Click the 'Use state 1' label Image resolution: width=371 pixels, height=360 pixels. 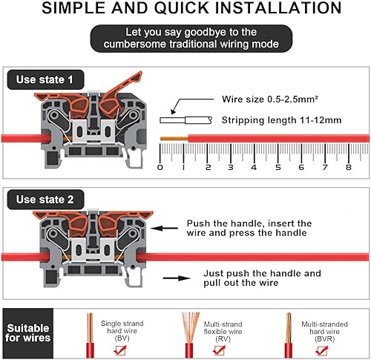pyautogui.click(x=45, y=79)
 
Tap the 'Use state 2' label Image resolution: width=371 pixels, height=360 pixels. pyautogui.click(x=45, y=200)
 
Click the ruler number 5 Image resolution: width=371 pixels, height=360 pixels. pyautogui.click(x=278, y=168)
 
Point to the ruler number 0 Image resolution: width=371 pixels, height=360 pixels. pyautogui.click(x=160, y=168)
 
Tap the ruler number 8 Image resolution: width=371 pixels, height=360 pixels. pyautogui.click(x=349, y=168)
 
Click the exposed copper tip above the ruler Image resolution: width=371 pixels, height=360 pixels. pyautogui.click(x=174, y=139)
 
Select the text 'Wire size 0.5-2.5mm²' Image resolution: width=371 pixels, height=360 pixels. pyautogui.click(x=270, y=99)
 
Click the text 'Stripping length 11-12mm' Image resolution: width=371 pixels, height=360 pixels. pyautogui.click(x=281, y=120)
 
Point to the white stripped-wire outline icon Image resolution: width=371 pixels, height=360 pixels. pyautogui.click(x=186, y=120)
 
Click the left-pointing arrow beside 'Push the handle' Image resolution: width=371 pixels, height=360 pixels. pyautogui.click(x=164, y=228)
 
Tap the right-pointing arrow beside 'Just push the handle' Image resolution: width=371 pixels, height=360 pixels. pyautogui.click(x=177, y=278)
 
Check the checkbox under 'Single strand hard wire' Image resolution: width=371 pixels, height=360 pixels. pyautogui.click(x=120, y=350)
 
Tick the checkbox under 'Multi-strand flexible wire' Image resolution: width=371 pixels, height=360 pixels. pyautogui.click(x=219, y=350)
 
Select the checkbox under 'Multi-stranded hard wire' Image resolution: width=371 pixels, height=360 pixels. pyautogui.click(x=322, y=350)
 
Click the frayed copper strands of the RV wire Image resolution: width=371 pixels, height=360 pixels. pyautogui.click(x=191, y=327)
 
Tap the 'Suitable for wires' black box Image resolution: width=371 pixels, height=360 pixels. pyautogui.click(x=28, y=333)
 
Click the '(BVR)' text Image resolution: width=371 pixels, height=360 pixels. pyautogui.click(x=325, y=339)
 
